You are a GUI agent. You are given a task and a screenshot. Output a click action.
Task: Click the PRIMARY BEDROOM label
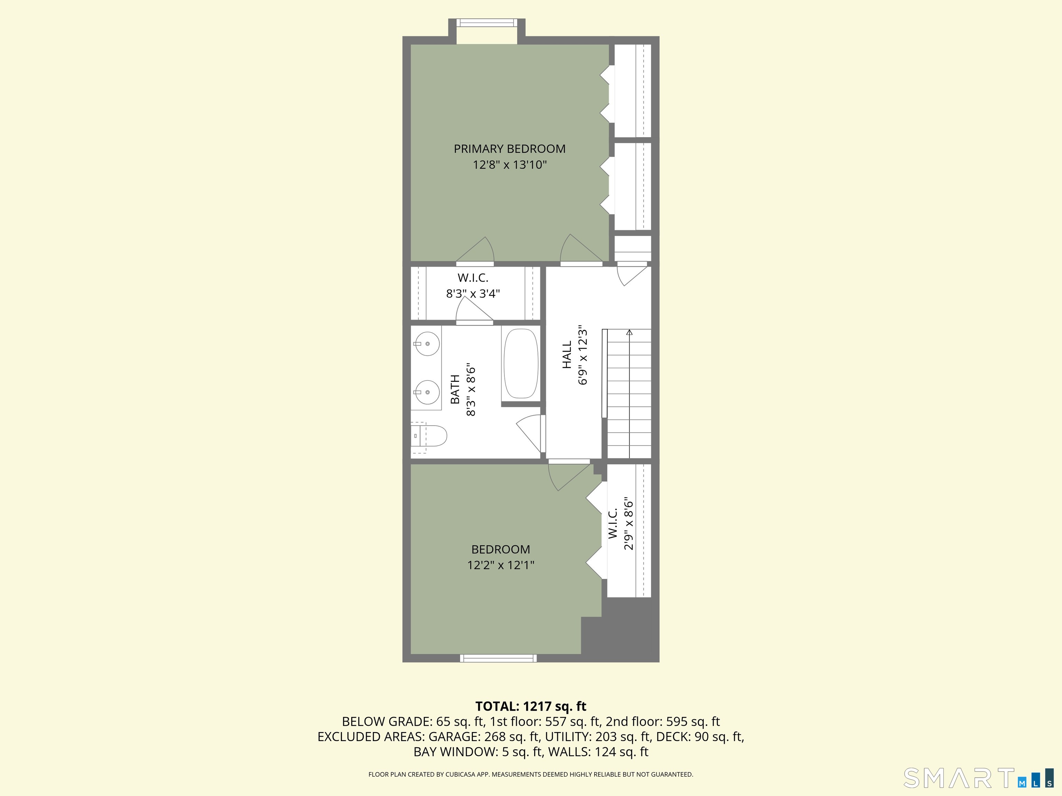pos(510,149)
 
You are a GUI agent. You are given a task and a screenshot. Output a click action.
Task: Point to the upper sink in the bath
pos(427,344)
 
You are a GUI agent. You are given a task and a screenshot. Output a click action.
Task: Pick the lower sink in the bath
pos(427,392)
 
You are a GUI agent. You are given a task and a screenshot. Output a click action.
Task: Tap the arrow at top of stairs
pos(630,332)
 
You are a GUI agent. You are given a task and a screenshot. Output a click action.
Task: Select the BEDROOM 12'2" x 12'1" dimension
pos(501,565)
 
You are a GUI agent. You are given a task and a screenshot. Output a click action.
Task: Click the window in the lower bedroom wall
pos(499,658)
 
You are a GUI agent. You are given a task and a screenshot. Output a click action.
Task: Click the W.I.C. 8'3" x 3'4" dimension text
pos(473,293)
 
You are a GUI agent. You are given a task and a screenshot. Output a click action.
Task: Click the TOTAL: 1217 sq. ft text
pos(531,706)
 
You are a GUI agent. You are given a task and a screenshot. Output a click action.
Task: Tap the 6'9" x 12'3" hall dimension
pos(583,356)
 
